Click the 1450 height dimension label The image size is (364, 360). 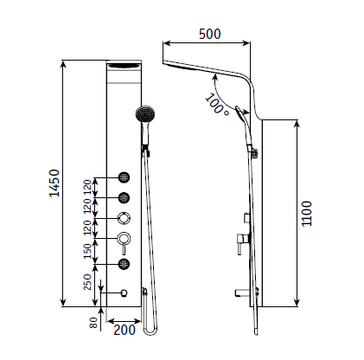click(54, 183)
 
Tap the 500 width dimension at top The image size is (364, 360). click(210, 34)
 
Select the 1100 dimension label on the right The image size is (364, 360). click(307, 214)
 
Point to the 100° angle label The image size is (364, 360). click(217, 106)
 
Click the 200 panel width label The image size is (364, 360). click(125, 330)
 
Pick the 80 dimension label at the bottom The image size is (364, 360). click(93, 323)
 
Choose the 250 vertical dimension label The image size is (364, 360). click(87, 282)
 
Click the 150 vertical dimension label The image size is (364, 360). click(87, 251)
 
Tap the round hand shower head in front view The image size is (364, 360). click(145, 114)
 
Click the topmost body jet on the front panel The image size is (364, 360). click(125, 177)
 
